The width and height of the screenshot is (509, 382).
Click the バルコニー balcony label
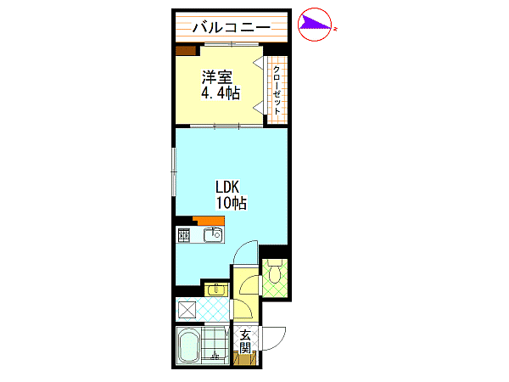[232, 27]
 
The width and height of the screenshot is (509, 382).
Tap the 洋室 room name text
[217, 77]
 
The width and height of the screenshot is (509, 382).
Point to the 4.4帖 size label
[221, 93]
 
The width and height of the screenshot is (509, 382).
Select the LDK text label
[227, 187]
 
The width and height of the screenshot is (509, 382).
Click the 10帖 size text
[231, 203]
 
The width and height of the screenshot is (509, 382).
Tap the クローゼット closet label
[277, 90]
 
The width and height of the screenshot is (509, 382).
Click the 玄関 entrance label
[245, 341]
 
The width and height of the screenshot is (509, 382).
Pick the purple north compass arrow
[314, 24]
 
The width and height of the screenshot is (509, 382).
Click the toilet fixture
[275, 272]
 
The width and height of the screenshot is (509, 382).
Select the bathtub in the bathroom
[188, 345]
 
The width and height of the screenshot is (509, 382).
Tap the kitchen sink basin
[213, 234]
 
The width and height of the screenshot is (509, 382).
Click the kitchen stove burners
[184, 235]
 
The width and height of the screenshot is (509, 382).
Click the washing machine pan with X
[187, 310]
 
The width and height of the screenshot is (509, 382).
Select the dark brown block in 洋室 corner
[186, 51]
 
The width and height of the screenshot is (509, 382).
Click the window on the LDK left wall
[174, 171]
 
